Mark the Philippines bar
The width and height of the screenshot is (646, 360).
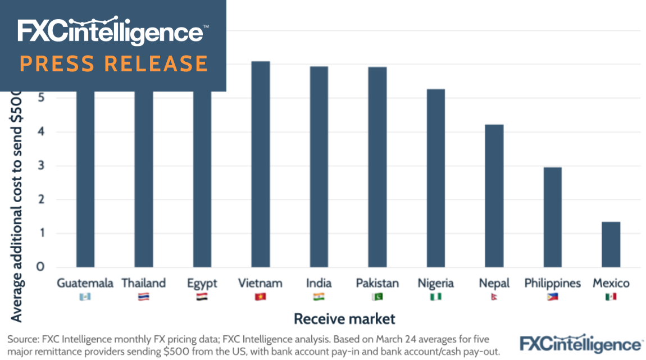click(x=553, y=217)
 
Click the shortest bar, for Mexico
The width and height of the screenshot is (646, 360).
click(x=611, y=244)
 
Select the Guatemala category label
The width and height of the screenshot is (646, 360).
click(x=85, y=283)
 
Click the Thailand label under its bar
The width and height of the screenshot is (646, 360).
click(x=144, y=283)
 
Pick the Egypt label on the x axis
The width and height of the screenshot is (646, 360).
click(x=202, y=283)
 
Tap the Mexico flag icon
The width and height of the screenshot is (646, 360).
click(x=611, y=297)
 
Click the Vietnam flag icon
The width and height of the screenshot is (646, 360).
click(x=260, y=297)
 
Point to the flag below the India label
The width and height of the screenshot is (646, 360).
click(x=319, y=297)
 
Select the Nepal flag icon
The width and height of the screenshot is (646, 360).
click(x=494, y=297)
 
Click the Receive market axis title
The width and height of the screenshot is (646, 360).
click(x=345, y=319)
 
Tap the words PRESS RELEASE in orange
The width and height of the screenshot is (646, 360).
click(x=113, y=63)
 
